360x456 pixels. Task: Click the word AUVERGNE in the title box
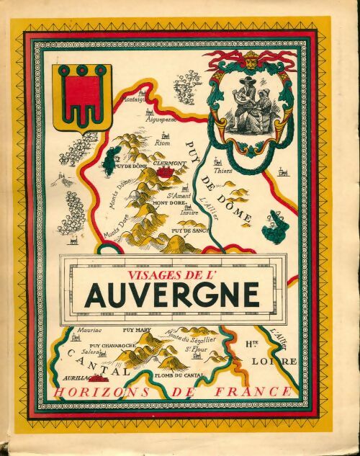tap(172, 294)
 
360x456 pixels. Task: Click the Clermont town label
tap(169, 164)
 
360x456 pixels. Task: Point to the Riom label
tap(167, 143)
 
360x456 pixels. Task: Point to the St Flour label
tap(197, 350)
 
